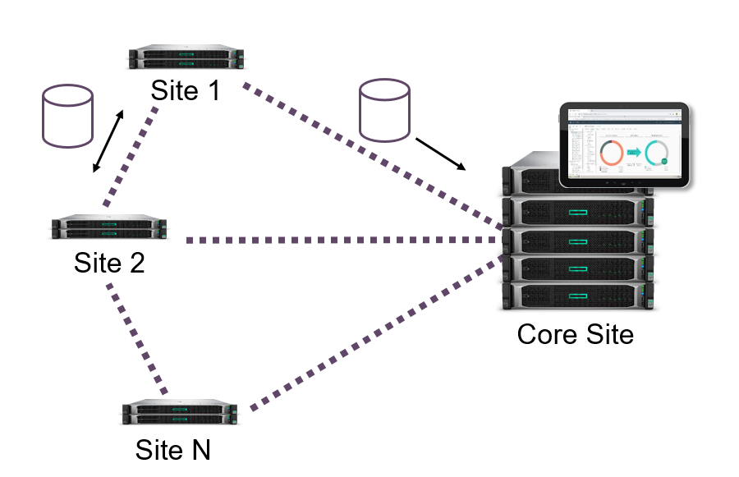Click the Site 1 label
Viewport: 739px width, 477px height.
[x=186, y=89]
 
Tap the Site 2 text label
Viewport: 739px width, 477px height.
[x=109, y=262]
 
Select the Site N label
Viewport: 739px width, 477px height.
[x=172, y=449]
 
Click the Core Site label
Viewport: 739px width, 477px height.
[x=575, y=334]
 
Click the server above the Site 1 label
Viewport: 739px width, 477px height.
[x=186, y=58]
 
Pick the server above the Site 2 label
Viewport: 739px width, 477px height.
[x=108, y=227]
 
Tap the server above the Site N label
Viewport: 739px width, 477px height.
[x=179, y=412]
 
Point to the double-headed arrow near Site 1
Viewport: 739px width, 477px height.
[x=108, y=141]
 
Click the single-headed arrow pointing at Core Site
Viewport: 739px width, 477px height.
[x=440, y=154]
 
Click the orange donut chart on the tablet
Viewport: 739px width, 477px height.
[x=611, y=153]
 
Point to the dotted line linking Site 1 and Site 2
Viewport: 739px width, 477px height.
[x=131, y=156]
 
